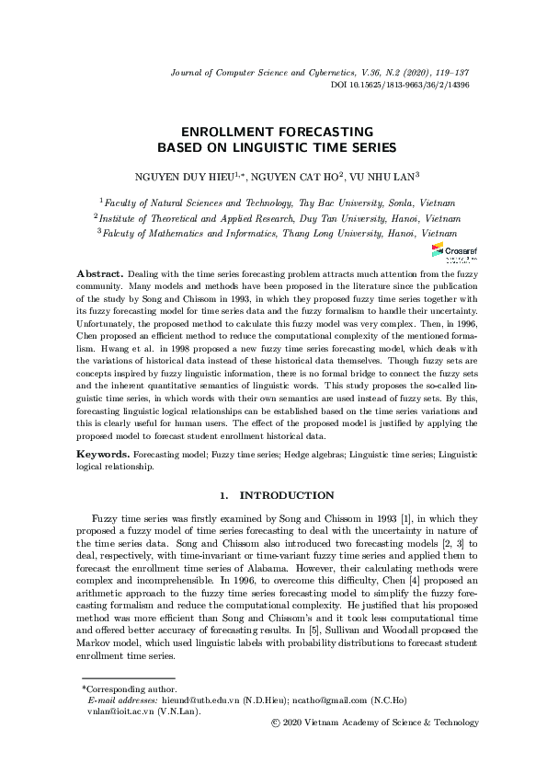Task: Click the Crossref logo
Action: (448, 251)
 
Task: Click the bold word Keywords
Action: (102, 455)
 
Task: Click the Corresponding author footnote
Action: (126, 713)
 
